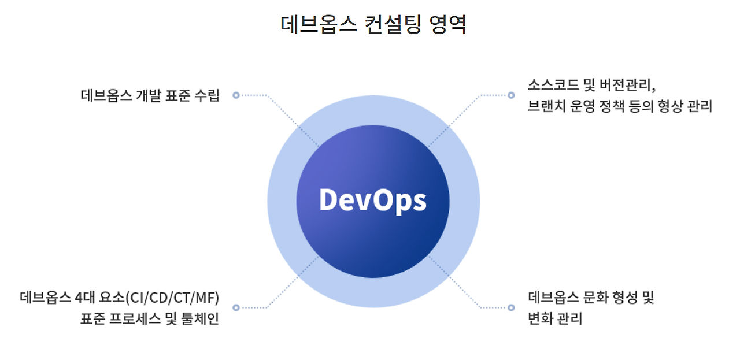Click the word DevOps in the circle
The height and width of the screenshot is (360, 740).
click(x=373, y=200)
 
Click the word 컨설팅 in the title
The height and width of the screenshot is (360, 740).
click(x=393, y=25)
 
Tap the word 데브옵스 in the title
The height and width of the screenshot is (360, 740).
click(x=317, y=25)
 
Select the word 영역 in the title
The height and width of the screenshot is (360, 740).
click(x=448, y=25)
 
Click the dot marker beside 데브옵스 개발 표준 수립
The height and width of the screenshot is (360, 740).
click(x=236, y=95)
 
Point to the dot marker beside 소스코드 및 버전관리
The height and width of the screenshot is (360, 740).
click(x=511, y=95)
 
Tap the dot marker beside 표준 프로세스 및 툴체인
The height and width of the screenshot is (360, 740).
click(x=236, y=307)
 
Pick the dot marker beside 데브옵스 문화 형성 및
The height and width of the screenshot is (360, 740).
click(x=511, y=307)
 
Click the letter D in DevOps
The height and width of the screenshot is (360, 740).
click(x=329, y=200)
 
